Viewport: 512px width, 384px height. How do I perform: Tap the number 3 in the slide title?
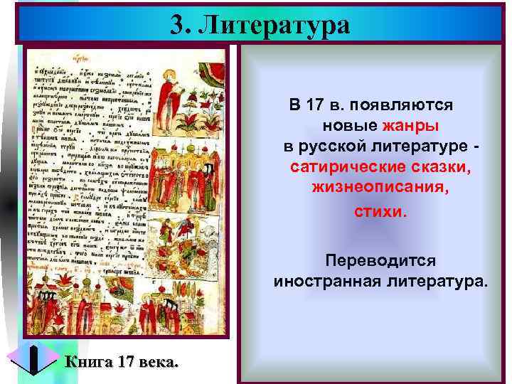[178, 26]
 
